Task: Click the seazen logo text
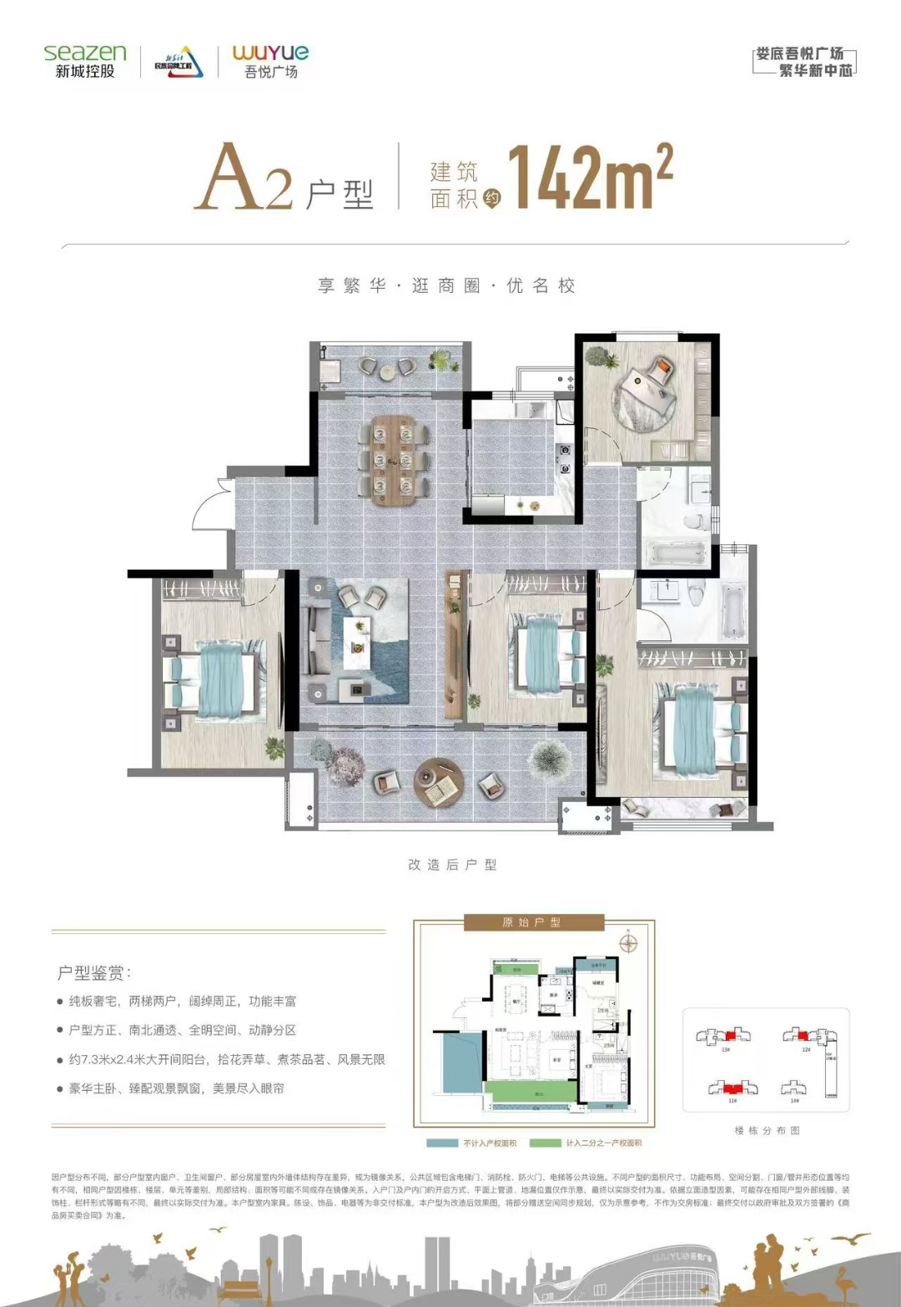pos(84,53)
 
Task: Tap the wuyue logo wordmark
pos(270,53)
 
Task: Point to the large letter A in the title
pos(229,177)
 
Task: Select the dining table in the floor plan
pos(393,460)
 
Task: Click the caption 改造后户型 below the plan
pos(452,865)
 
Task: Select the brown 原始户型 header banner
pos(533,922)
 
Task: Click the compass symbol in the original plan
pos(628,944)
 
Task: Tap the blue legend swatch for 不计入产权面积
pos(442,1143)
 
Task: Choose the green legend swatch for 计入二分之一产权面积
pos(545,1143)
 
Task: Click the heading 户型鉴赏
pos(93,972)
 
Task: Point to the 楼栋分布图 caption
pos(767,1130)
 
